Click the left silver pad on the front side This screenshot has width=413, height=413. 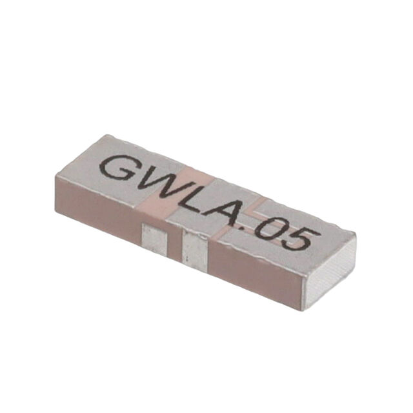(x=154, y=239)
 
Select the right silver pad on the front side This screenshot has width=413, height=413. (x=195, y=250)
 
